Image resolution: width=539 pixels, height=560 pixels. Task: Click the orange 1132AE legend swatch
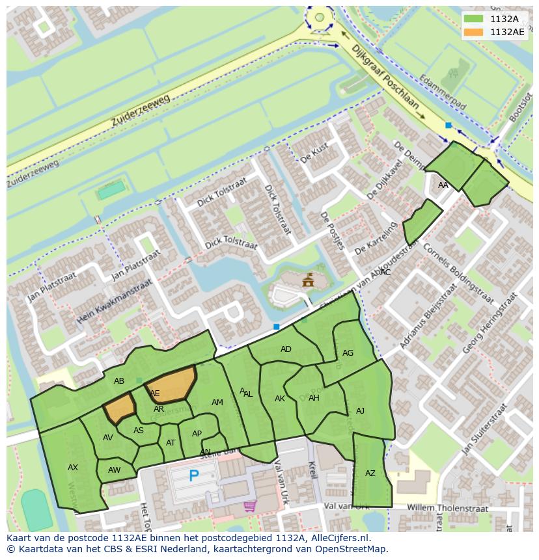pos(474,32)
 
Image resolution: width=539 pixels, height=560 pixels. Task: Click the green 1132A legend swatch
pos(474,19)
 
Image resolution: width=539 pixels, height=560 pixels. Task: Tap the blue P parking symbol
pos(193,476)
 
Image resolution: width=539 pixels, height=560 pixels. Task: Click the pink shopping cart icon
pos(249,505)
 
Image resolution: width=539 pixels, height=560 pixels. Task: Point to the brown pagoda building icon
pos(308,280)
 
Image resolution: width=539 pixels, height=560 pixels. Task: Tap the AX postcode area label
pos(73,468)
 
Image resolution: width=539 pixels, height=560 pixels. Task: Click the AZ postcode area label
pos(370,473)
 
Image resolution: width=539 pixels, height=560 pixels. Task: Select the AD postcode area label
pos(286,349)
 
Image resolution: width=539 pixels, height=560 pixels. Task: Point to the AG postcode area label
pos(348,353)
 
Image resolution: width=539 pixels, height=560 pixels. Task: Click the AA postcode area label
pos(443,185)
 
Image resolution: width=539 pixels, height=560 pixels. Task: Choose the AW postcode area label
pos(115,470)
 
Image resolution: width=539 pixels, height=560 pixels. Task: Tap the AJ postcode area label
pos(360,411)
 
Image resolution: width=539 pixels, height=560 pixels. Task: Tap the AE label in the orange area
pos(155,393)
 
